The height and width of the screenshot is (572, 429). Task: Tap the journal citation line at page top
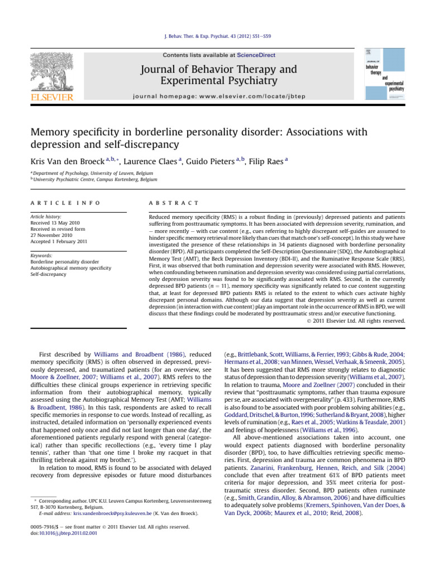(214, 43)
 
